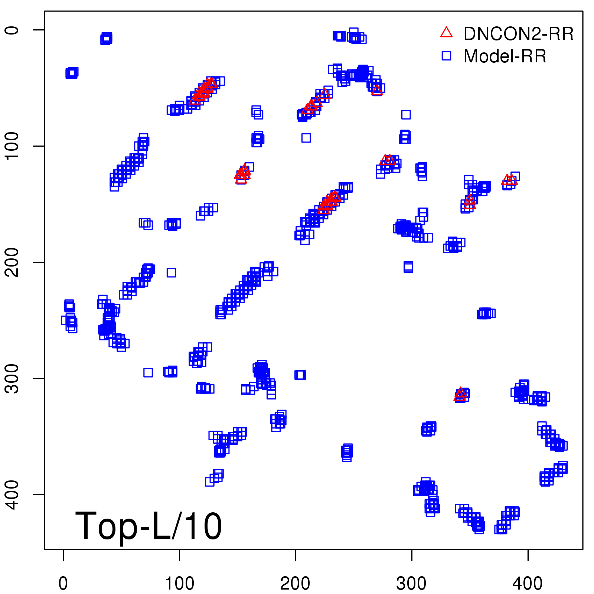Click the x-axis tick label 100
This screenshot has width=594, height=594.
(x=179, y=584)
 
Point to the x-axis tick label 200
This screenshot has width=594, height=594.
(x=296, y=584)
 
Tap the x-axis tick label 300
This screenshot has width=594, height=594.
(x=411, y=584)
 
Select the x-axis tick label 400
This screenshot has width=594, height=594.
(x=528, y=584)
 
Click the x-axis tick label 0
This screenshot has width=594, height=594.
(x=63, y=584)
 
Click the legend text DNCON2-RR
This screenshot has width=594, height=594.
(x=519, y=34)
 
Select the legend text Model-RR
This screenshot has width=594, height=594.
(x=505, y=56)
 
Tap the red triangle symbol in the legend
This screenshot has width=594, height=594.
(x=446, y=33)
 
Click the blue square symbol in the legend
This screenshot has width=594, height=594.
(x=446, y=56)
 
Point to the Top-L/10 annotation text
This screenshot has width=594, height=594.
(x=148, y=526)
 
